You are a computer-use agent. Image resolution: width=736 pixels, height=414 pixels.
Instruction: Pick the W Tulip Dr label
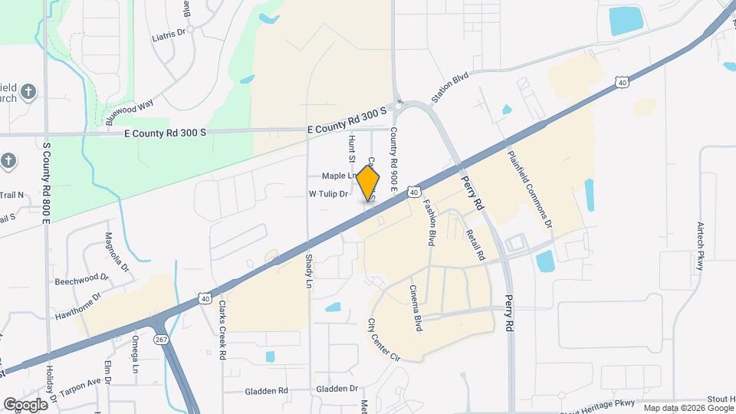pos(328,194)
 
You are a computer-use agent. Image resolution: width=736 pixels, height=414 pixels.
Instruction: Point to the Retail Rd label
pos(475,239)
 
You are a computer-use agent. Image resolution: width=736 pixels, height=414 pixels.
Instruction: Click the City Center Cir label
pos(384,340)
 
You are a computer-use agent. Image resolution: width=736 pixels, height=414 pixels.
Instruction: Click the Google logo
pos(25,404)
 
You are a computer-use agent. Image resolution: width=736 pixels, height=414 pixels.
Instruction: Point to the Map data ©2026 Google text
pos(688,408)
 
